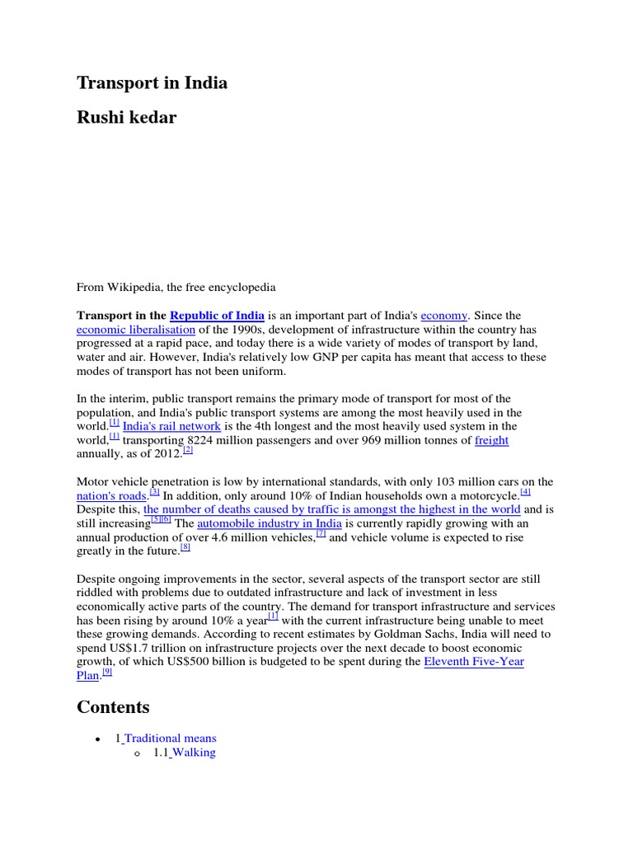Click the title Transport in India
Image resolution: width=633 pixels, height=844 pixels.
point(152,83)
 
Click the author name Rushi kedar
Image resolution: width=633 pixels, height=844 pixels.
point(126,118)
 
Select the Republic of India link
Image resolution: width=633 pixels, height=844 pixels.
point(217,316)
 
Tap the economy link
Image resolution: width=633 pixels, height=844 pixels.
point(444,316)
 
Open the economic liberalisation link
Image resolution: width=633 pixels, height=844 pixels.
point(136,330)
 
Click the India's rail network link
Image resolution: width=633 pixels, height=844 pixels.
point(171,426)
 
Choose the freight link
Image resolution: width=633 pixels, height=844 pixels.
point(491,440)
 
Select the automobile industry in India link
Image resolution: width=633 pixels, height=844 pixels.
point(270,523)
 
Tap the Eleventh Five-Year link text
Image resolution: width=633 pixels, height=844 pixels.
point(474,662)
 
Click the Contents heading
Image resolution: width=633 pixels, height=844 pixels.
point(113,707)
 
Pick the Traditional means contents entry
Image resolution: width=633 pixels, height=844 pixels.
point(170,738)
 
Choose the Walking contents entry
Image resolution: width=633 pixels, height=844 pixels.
point(194,753)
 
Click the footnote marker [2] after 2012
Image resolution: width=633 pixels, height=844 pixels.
point(187,450)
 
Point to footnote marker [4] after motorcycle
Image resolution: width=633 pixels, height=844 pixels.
point(526,492)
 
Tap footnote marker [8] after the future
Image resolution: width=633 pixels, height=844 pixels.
point(185,547)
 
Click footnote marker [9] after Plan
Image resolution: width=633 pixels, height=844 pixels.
point(106,673)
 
